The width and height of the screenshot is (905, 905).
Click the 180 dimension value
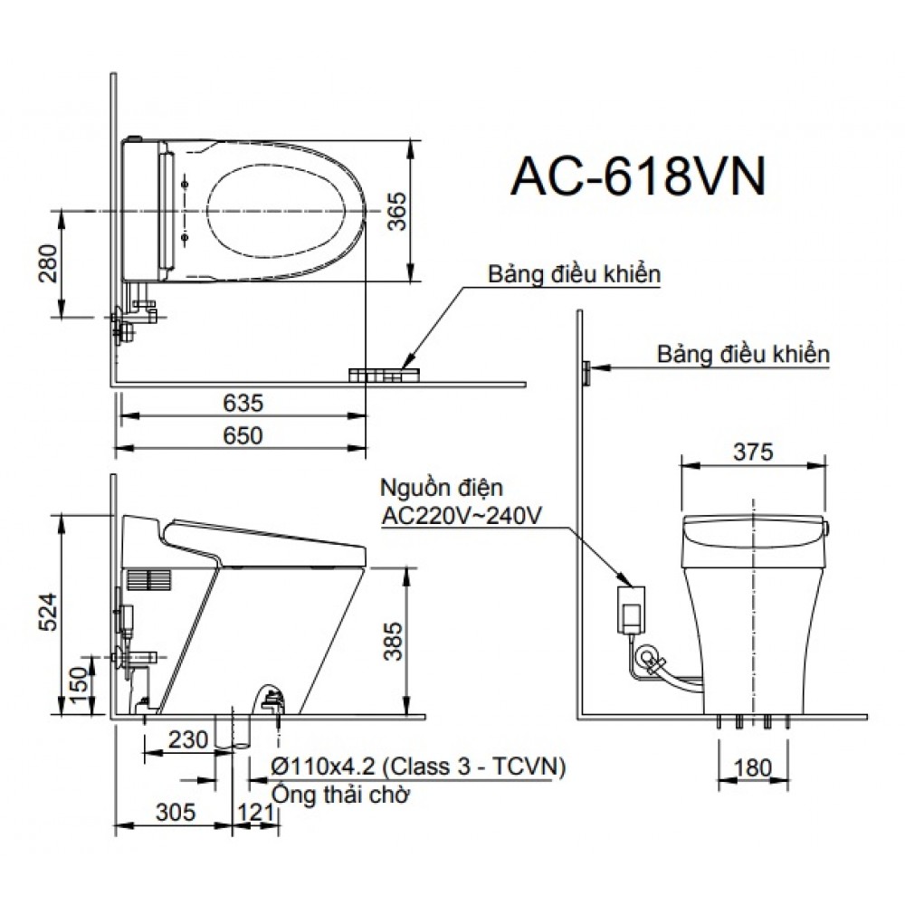point(753,768)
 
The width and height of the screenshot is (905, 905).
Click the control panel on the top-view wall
point(384,374)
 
